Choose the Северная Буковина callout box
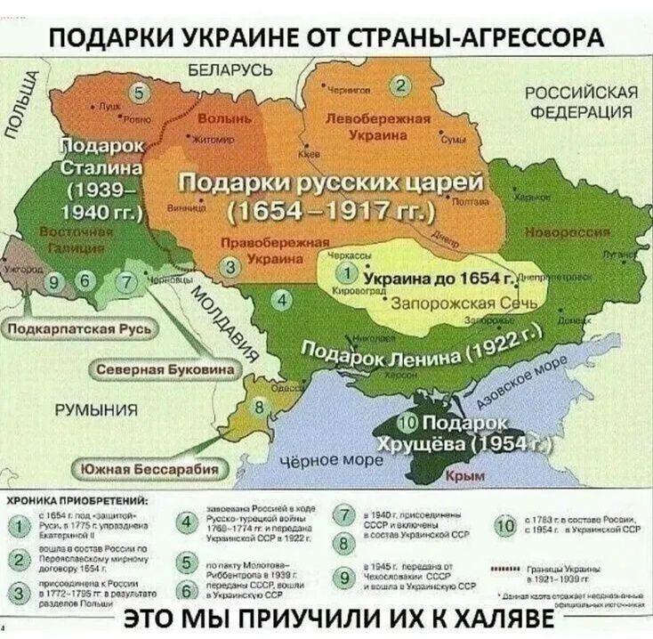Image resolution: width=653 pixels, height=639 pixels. pos(165,368)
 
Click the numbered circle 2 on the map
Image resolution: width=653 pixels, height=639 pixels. pos(401,85)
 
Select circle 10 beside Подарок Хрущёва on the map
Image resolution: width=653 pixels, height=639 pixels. pos(409,421)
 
